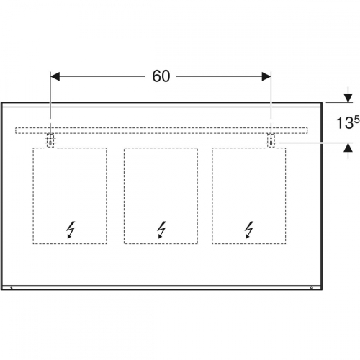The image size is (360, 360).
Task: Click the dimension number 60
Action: point(161,76)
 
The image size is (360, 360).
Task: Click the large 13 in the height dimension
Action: point(344,123)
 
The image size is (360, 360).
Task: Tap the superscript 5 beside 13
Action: point(356,120)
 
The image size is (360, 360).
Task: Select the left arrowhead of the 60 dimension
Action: point(55,77)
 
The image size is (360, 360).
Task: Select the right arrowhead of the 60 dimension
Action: point(266,77)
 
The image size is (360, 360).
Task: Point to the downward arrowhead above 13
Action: point(348,98)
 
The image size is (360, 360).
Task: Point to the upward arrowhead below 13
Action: point(348,148)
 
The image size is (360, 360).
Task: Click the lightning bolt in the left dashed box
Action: point(71,230)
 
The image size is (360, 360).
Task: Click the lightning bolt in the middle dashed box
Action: point(161,230)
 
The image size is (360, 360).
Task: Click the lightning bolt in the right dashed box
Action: point(249,230)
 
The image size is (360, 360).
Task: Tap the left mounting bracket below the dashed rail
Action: point(50,140)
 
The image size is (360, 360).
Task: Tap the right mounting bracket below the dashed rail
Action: point(271,140)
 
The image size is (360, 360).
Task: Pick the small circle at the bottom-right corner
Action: point(312,287)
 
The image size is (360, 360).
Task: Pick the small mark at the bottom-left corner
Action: point(12,287)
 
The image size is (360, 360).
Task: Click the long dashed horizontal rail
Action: point(161,130)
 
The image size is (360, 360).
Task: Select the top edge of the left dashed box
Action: point(70,148)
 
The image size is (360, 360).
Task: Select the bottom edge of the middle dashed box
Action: point(161,244)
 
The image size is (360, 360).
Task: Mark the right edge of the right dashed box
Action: point(286,196)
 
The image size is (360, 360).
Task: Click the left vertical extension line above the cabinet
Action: point(50,95)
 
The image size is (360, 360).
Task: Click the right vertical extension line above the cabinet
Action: point(271,95)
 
